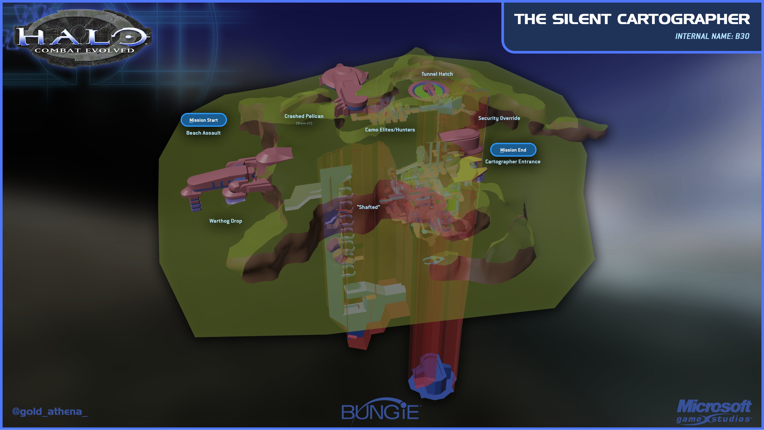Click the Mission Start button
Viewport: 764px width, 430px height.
click(x=204, y=120)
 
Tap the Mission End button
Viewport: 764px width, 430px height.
click(x=513, y=150)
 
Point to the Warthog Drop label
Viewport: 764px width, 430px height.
click(x=225, y=221)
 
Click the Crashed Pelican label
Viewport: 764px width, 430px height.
click(x=304, y=116)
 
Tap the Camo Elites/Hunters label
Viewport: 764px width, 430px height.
click(x=390, y=130)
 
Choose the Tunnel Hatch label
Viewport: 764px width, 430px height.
click(x=437, y=74)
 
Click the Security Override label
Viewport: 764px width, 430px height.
click(x=499, y=118)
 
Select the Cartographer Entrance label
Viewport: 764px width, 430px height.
click(x=513, y=161)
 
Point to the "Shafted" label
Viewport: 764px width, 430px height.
click(x=368, y=207)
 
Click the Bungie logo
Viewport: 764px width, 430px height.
click(x=381, y=412)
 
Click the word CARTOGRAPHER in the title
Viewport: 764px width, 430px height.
click(x=683, y=20)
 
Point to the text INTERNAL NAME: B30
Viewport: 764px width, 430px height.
click(x=712, y=36)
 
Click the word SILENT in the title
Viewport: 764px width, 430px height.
click(x=581, y=20)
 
